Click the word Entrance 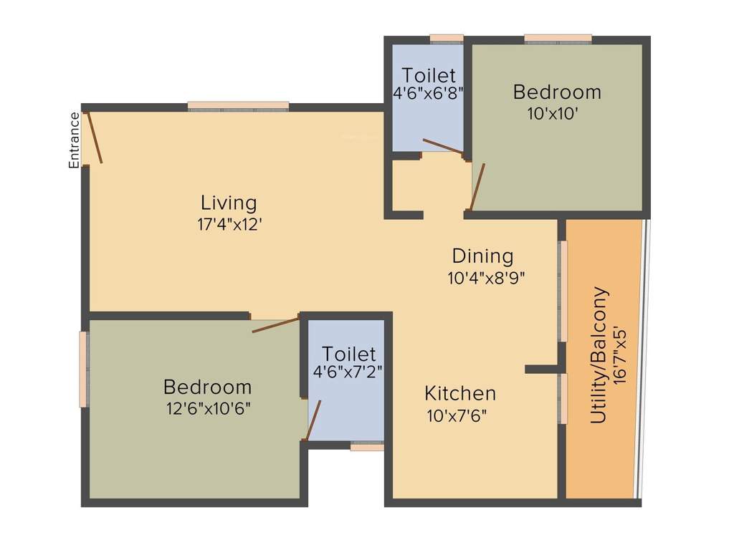(73, 140)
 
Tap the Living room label (229, 203)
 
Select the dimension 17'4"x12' (229, 224)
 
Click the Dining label (482, 256)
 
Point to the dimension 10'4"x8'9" (487, 278)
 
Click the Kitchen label (459, 393)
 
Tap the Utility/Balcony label (599, 355)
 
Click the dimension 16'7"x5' (620, 355)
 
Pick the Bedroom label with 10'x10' (557, 92)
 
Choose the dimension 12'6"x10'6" (207, 409)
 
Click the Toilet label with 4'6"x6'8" (429, 75)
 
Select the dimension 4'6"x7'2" (348, 372)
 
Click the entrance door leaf (95, 137)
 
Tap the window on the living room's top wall (238, 107)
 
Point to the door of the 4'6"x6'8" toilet (443, 146)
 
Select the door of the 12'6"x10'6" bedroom (275, 325)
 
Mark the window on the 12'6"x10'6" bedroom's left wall (84, 369)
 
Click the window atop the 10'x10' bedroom (558, 39)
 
